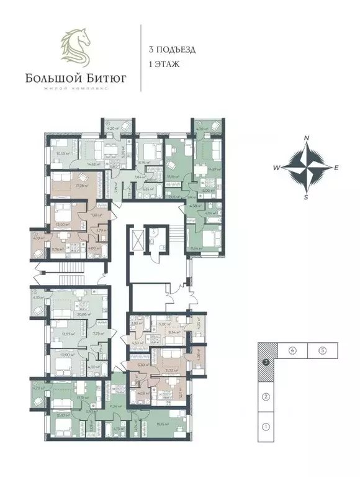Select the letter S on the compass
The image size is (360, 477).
(x=305, y=197)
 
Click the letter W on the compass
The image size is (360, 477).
(x=277, y=168)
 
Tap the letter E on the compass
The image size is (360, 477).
(x=336, y=168)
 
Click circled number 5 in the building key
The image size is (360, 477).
(x=323, y=351)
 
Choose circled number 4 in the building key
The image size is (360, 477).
(x=292, y=351)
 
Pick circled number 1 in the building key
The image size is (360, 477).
(x=265, y=427)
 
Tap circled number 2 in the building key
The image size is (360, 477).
(x=265, y=396)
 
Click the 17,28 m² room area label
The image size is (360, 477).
(x=80, y=184)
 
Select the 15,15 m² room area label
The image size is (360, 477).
(x=164, y=425)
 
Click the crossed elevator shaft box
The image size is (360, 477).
(x=135, y=240)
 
